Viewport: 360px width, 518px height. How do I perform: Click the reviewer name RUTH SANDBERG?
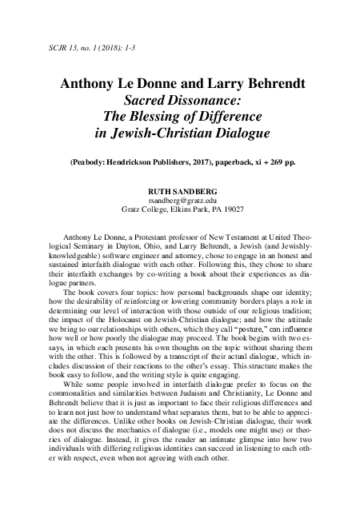(x=179, y=192)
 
